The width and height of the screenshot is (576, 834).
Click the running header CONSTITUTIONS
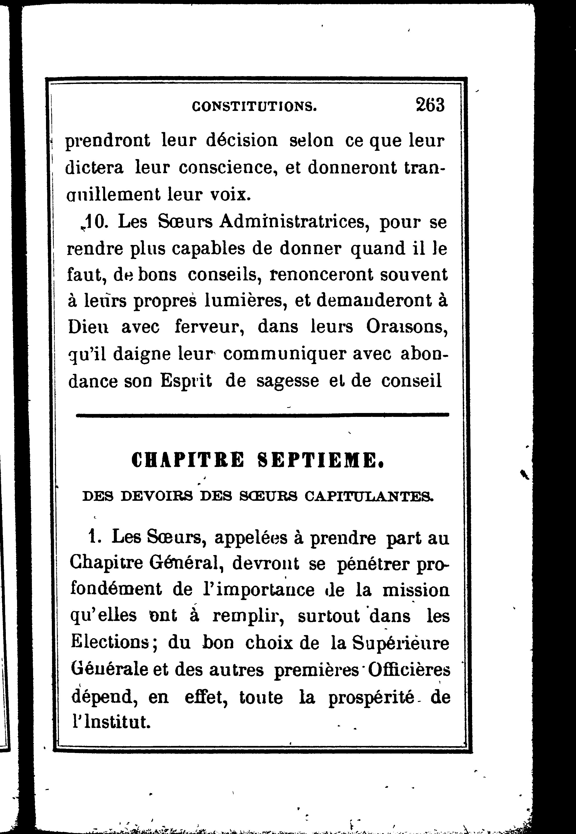pos(255,107)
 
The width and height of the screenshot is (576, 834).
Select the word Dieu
pos(88,327)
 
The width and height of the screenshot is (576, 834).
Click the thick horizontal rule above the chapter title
pos(262,415)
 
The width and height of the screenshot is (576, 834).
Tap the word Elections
pos(110,642)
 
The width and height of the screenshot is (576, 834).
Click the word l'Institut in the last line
pos(110,723)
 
